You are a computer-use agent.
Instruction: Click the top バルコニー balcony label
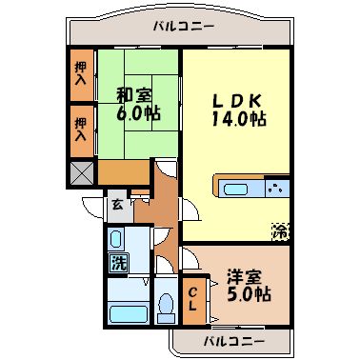click(182, 27)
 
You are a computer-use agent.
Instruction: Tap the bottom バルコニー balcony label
click(230, 340)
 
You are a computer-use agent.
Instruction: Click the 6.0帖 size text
click(138, 112)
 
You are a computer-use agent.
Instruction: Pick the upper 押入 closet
click(81, 73)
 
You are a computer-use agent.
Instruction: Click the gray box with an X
click(82, 172)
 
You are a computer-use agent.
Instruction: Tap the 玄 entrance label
click(116, 203)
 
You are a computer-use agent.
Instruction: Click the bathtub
click(125, 312)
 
